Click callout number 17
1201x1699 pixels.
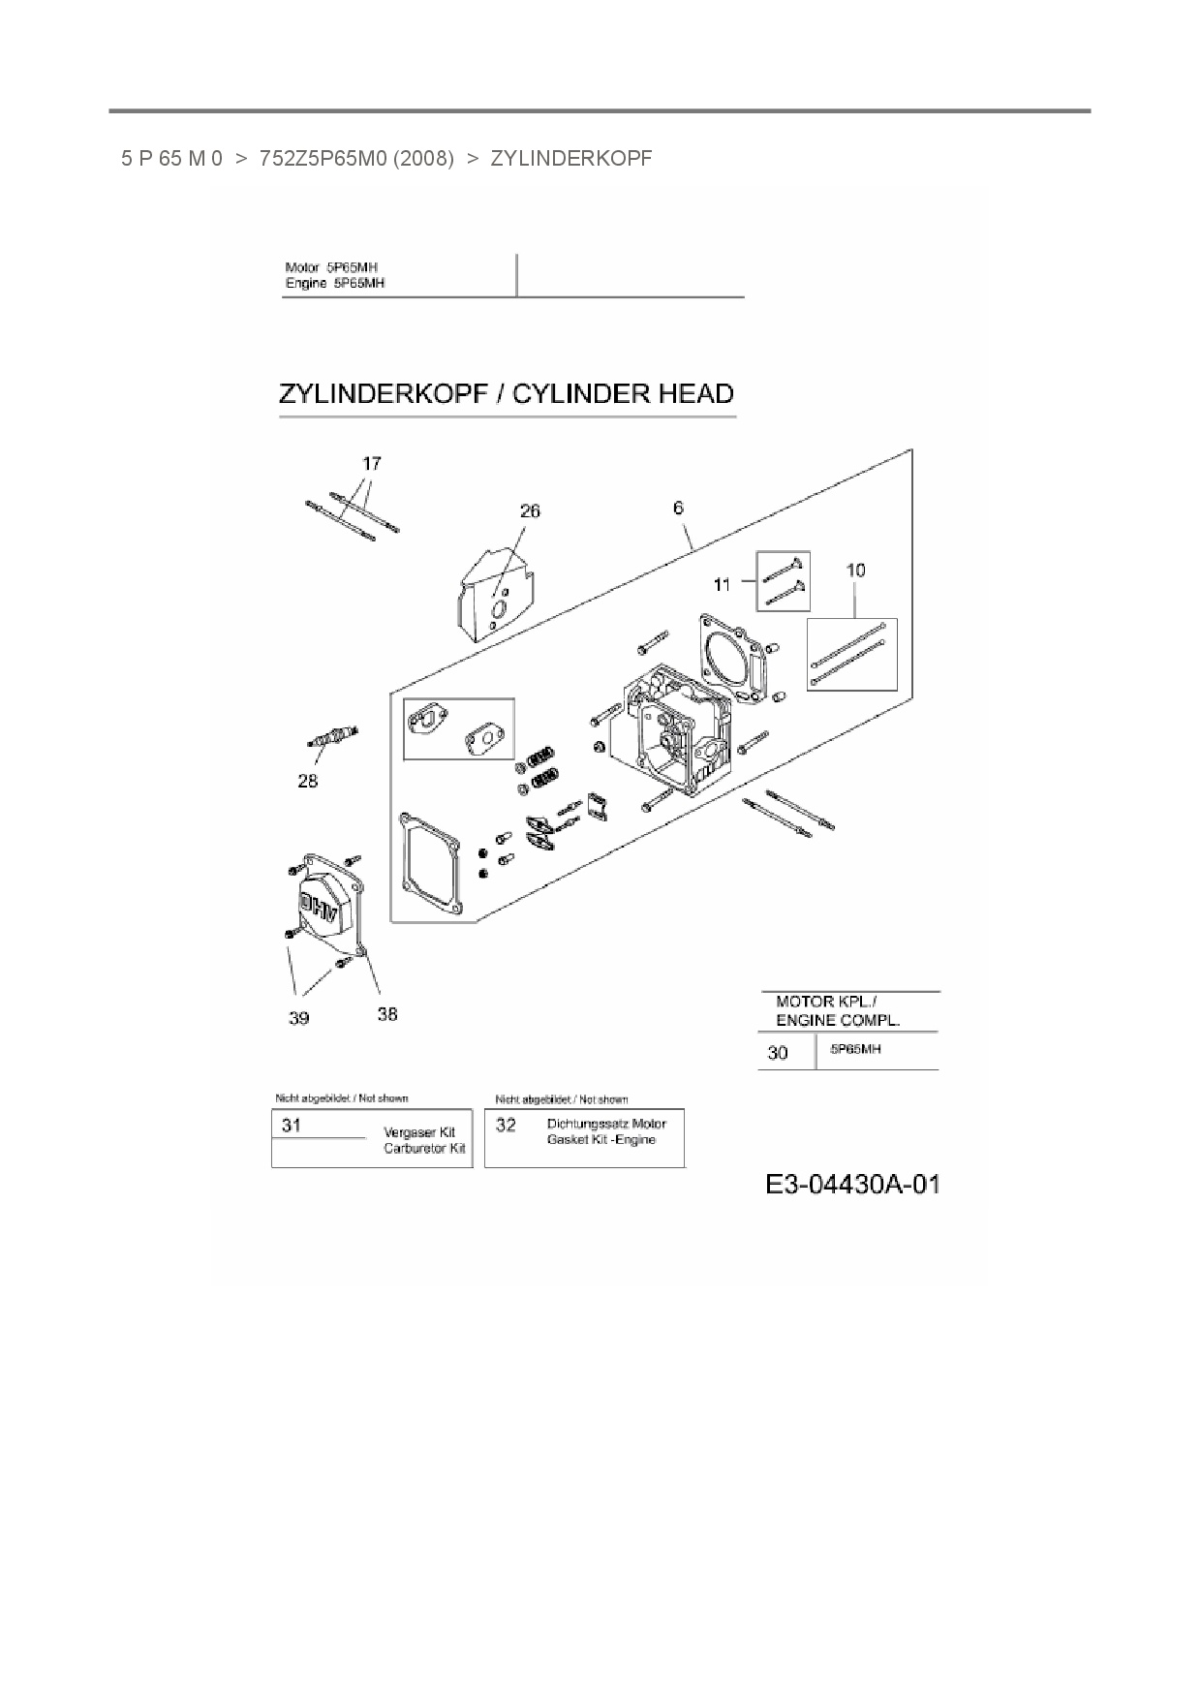coord(372,464)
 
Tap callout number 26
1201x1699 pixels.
coord(530,511)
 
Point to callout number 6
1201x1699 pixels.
coord(678,508)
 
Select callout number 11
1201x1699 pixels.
coord(723,584)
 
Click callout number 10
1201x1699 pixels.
coord(855,571)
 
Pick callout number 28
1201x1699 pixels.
coord(307,781)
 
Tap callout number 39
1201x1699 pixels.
coord(298,1018)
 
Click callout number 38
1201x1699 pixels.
coord(386,1014)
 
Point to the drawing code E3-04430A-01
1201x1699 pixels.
coord(852,1185)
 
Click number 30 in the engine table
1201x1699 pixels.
coord(778,1053)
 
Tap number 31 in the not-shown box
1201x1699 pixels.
coord(292,1126)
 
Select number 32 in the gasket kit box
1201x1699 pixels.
coord(506,1126)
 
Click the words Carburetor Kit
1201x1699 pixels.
coord(424,1149)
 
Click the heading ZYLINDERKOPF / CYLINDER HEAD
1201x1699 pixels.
coord(506,394)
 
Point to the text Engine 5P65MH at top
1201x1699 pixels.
coord(335,284)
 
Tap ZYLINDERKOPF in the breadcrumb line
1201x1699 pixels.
coord(571,158)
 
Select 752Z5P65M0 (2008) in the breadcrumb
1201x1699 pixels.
coord(355,158)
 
